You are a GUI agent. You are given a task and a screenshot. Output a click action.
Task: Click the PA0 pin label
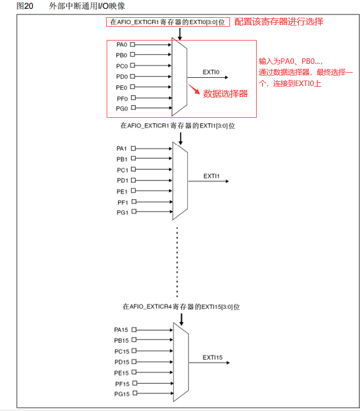pos(121,44)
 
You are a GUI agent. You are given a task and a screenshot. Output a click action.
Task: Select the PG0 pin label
pos(121,108)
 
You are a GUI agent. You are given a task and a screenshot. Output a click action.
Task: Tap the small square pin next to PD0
pos(132,76)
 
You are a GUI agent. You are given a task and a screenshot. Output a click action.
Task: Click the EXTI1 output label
pos(212,176)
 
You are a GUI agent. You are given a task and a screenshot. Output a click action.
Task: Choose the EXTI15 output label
pos(212,358)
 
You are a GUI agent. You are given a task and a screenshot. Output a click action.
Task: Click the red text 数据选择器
pos(225,93)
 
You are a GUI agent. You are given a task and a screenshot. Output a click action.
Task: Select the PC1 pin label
pos(122,170)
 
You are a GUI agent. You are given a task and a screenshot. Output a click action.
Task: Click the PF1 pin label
pos(122,202)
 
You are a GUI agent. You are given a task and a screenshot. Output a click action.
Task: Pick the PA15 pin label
pos(121,329)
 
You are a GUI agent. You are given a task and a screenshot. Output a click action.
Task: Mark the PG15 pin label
pos(121,394)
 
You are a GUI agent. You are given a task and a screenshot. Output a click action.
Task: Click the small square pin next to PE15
pos(133,373)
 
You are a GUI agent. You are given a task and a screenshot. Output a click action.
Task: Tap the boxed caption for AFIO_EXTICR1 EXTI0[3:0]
pos(168,22)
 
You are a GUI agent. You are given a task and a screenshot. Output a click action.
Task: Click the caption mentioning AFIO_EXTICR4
pos(181,307)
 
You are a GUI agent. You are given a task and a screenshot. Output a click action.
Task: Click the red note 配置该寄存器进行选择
pos(279,22)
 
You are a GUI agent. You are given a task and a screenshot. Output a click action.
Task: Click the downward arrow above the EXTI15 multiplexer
pos(181,319)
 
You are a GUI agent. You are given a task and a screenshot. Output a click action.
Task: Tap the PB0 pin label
pos(121,55)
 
